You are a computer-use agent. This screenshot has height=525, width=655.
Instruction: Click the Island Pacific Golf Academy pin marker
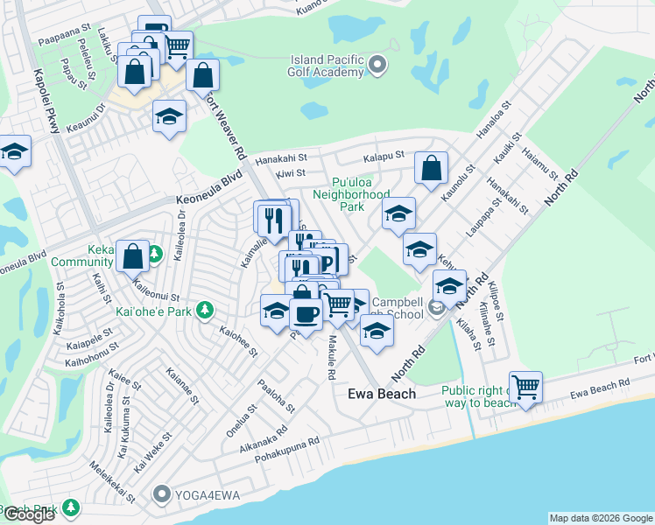pos(377,65)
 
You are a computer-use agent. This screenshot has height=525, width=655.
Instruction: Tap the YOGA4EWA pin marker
pos(160,494)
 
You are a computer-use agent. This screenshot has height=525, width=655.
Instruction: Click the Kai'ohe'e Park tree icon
pos(204,310)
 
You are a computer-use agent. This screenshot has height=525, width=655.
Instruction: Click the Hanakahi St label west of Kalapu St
pos(283,159)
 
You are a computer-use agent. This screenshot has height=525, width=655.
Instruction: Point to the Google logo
pos(29,514)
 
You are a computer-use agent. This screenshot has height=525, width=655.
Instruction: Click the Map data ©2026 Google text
pos(600,518)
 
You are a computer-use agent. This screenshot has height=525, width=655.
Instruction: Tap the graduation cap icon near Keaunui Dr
pos(169,116)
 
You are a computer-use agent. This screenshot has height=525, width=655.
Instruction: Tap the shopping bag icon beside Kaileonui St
pos(132,256)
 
